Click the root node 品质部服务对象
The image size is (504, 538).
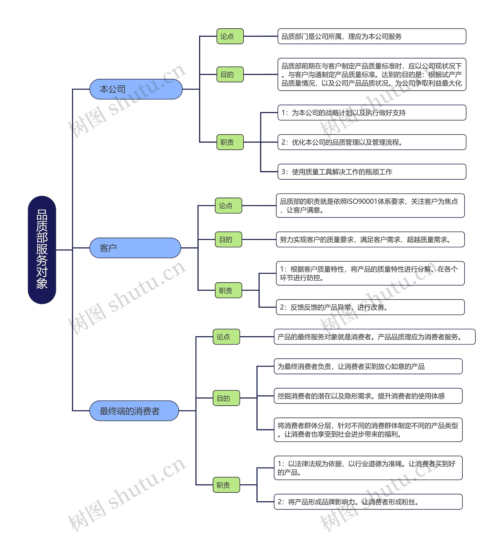(42, 250)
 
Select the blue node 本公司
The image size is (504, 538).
(136, 89)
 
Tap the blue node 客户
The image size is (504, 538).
(135, 248)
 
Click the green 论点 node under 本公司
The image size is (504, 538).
(230, 36)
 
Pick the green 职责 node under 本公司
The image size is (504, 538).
(230, 142)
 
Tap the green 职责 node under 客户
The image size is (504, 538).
(228, 290)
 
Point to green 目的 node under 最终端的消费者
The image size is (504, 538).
(226, 398)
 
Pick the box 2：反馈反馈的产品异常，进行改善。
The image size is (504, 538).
(370, 307)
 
